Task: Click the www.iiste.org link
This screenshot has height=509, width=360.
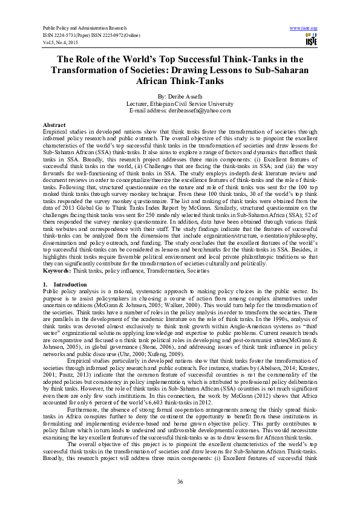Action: coord(304,28)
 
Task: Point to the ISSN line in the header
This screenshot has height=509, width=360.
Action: coord(88,34)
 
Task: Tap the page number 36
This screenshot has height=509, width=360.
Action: coord(180,481)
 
